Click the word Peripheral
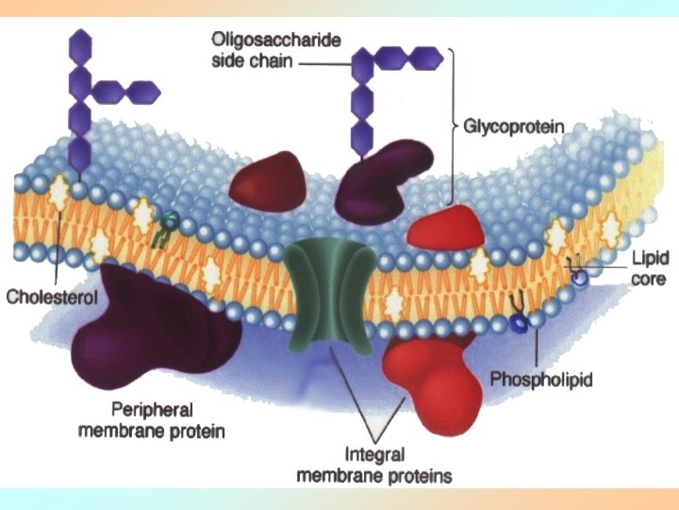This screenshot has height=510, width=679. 152,410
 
